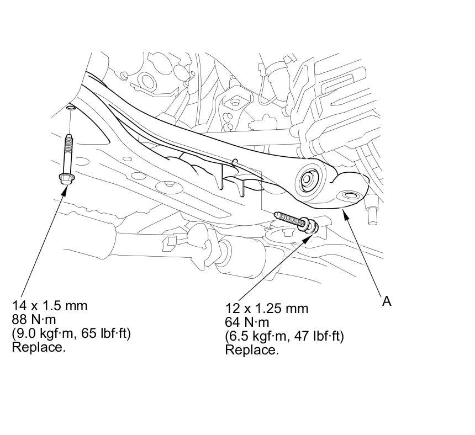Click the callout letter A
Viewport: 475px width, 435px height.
387,301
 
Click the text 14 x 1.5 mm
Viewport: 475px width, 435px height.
50,306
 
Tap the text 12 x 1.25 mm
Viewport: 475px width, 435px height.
267,309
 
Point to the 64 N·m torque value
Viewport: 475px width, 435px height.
247,322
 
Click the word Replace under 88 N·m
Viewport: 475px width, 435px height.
39,347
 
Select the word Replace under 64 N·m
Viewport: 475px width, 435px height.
252,350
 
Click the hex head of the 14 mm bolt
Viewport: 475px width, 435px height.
66,179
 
